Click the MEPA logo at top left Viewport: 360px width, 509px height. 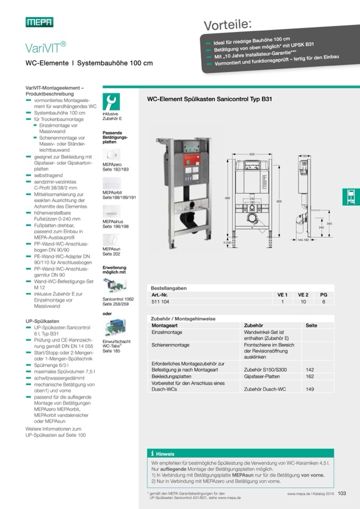point(39,22)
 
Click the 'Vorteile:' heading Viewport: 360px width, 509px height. point(228,23)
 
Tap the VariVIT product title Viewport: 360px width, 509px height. point(46,47)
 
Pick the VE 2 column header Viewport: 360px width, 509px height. point(303,294)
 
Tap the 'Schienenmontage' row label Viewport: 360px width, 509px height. point(170,344)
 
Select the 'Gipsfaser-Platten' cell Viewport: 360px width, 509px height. point(261,376)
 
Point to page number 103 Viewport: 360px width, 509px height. point(342,493)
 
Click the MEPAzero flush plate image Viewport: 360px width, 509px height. point(111,156)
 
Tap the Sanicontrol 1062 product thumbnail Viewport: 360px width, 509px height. point(113,286)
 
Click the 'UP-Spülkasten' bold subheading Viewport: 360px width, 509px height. point(42,321)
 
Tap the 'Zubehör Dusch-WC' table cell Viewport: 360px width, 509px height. point(264,390)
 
